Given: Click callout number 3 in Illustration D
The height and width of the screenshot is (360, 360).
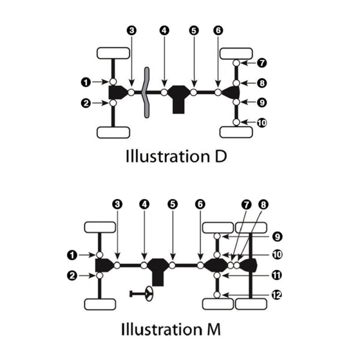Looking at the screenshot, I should tap(132, 29).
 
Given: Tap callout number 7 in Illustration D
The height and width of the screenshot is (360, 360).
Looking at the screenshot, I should tap(260, 62).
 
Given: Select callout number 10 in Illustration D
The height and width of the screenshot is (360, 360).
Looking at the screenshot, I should tap(261, 122).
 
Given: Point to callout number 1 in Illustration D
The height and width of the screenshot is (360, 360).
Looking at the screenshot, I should tap(86, 81).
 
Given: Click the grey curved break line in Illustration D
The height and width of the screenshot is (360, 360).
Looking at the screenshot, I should tap(145, 92).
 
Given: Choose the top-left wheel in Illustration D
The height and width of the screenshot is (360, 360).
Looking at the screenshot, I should tap(113, 53).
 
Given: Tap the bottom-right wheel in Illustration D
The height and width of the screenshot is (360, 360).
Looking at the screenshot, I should tap(235, 132).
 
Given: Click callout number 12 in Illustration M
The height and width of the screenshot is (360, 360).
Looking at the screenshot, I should tap(276, 295).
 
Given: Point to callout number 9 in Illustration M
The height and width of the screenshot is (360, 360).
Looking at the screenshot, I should tap(276, 236).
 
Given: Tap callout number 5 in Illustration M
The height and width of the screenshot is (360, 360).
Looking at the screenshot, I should tap(173, 204).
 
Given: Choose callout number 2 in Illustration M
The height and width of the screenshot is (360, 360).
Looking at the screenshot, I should tap(73, 275).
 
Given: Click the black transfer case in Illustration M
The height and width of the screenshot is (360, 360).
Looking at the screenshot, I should tap(158, 270).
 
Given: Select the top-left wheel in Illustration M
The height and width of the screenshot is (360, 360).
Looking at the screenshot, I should tap(100, 227).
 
